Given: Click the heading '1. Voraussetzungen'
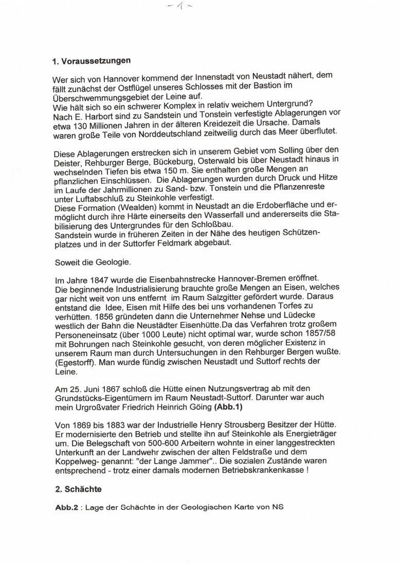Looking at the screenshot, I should click(x=92, y=61).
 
